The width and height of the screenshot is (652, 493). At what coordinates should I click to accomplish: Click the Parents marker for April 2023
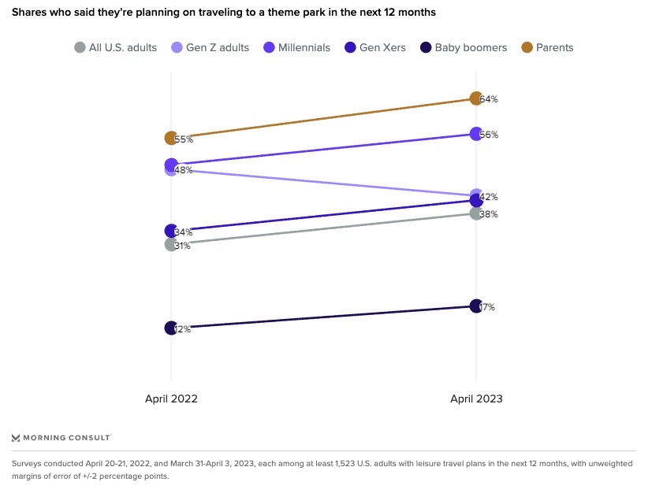click(475, 98)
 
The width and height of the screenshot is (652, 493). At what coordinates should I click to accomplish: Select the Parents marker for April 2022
click(171, 138)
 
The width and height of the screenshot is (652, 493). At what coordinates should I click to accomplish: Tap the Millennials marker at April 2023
click(475, 134)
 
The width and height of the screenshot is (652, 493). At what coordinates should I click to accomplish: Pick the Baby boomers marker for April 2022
click(171, 328)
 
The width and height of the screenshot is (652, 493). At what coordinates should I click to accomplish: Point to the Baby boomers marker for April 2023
click(475, 306)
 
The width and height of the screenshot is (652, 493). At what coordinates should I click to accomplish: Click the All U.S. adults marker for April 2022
click(171, 244)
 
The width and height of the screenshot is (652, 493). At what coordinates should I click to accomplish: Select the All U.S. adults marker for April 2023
click(475, 213)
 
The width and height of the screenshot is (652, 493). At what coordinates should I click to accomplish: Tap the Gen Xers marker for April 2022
click(171, 231)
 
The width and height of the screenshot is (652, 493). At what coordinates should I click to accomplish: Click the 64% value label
click(489, 99)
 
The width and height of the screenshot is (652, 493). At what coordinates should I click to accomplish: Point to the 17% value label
click(487, 307)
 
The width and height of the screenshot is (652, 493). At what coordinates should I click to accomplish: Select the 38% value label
click(489, 214)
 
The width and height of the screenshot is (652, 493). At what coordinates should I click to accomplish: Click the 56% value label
click(489, 135)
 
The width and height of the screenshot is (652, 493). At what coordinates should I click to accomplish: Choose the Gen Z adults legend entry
click(210, 47)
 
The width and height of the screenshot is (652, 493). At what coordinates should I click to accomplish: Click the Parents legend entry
click(547, 47)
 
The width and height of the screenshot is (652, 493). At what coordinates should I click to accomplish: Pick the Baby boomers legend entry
click(463, 47)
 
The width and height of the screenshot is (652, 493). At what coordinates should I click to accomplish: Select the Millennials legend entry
click(296, 47)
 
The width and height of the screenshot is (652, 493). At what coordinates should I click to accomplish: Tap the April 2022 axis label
click(171, 398)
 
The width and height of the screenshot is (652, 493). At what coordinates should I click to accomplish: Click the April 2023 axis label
click(476, 398)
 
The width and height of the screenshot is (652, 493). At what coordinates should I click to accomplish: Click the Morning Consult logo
click(61, 437)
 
